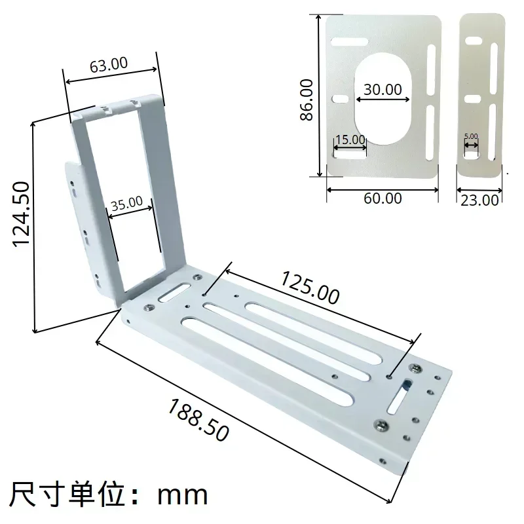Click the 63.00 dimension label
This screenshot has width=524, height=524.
(x=109, y=65)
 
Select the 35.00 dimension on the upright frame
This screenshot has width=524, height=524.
(x=126, y=204)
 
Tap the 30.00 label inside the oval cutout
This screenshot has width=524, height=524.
(x=383, y=90)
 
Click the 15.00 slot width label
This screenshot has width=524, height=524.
(x=349, y=140)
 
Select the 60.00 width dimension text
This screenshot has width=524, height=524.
(x=383, y=197)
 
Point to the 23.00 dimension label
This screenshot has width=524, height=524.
(x=480, y=200)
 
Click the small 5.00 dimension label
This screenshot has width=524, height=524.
(x=471, y=136)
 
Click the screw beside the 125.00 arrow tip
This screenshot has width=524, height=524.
(x=415, y=367)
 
